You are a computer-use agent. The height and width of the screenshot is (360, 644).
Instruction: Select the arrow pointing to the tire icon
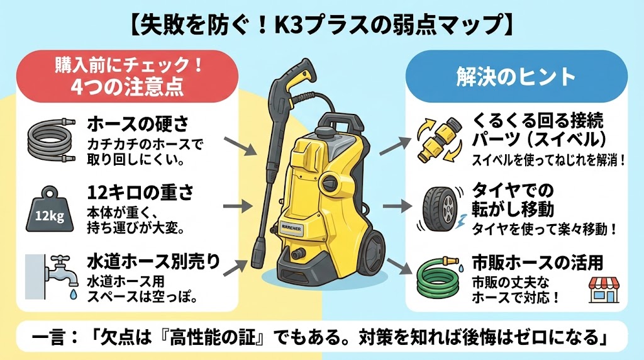394,206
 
